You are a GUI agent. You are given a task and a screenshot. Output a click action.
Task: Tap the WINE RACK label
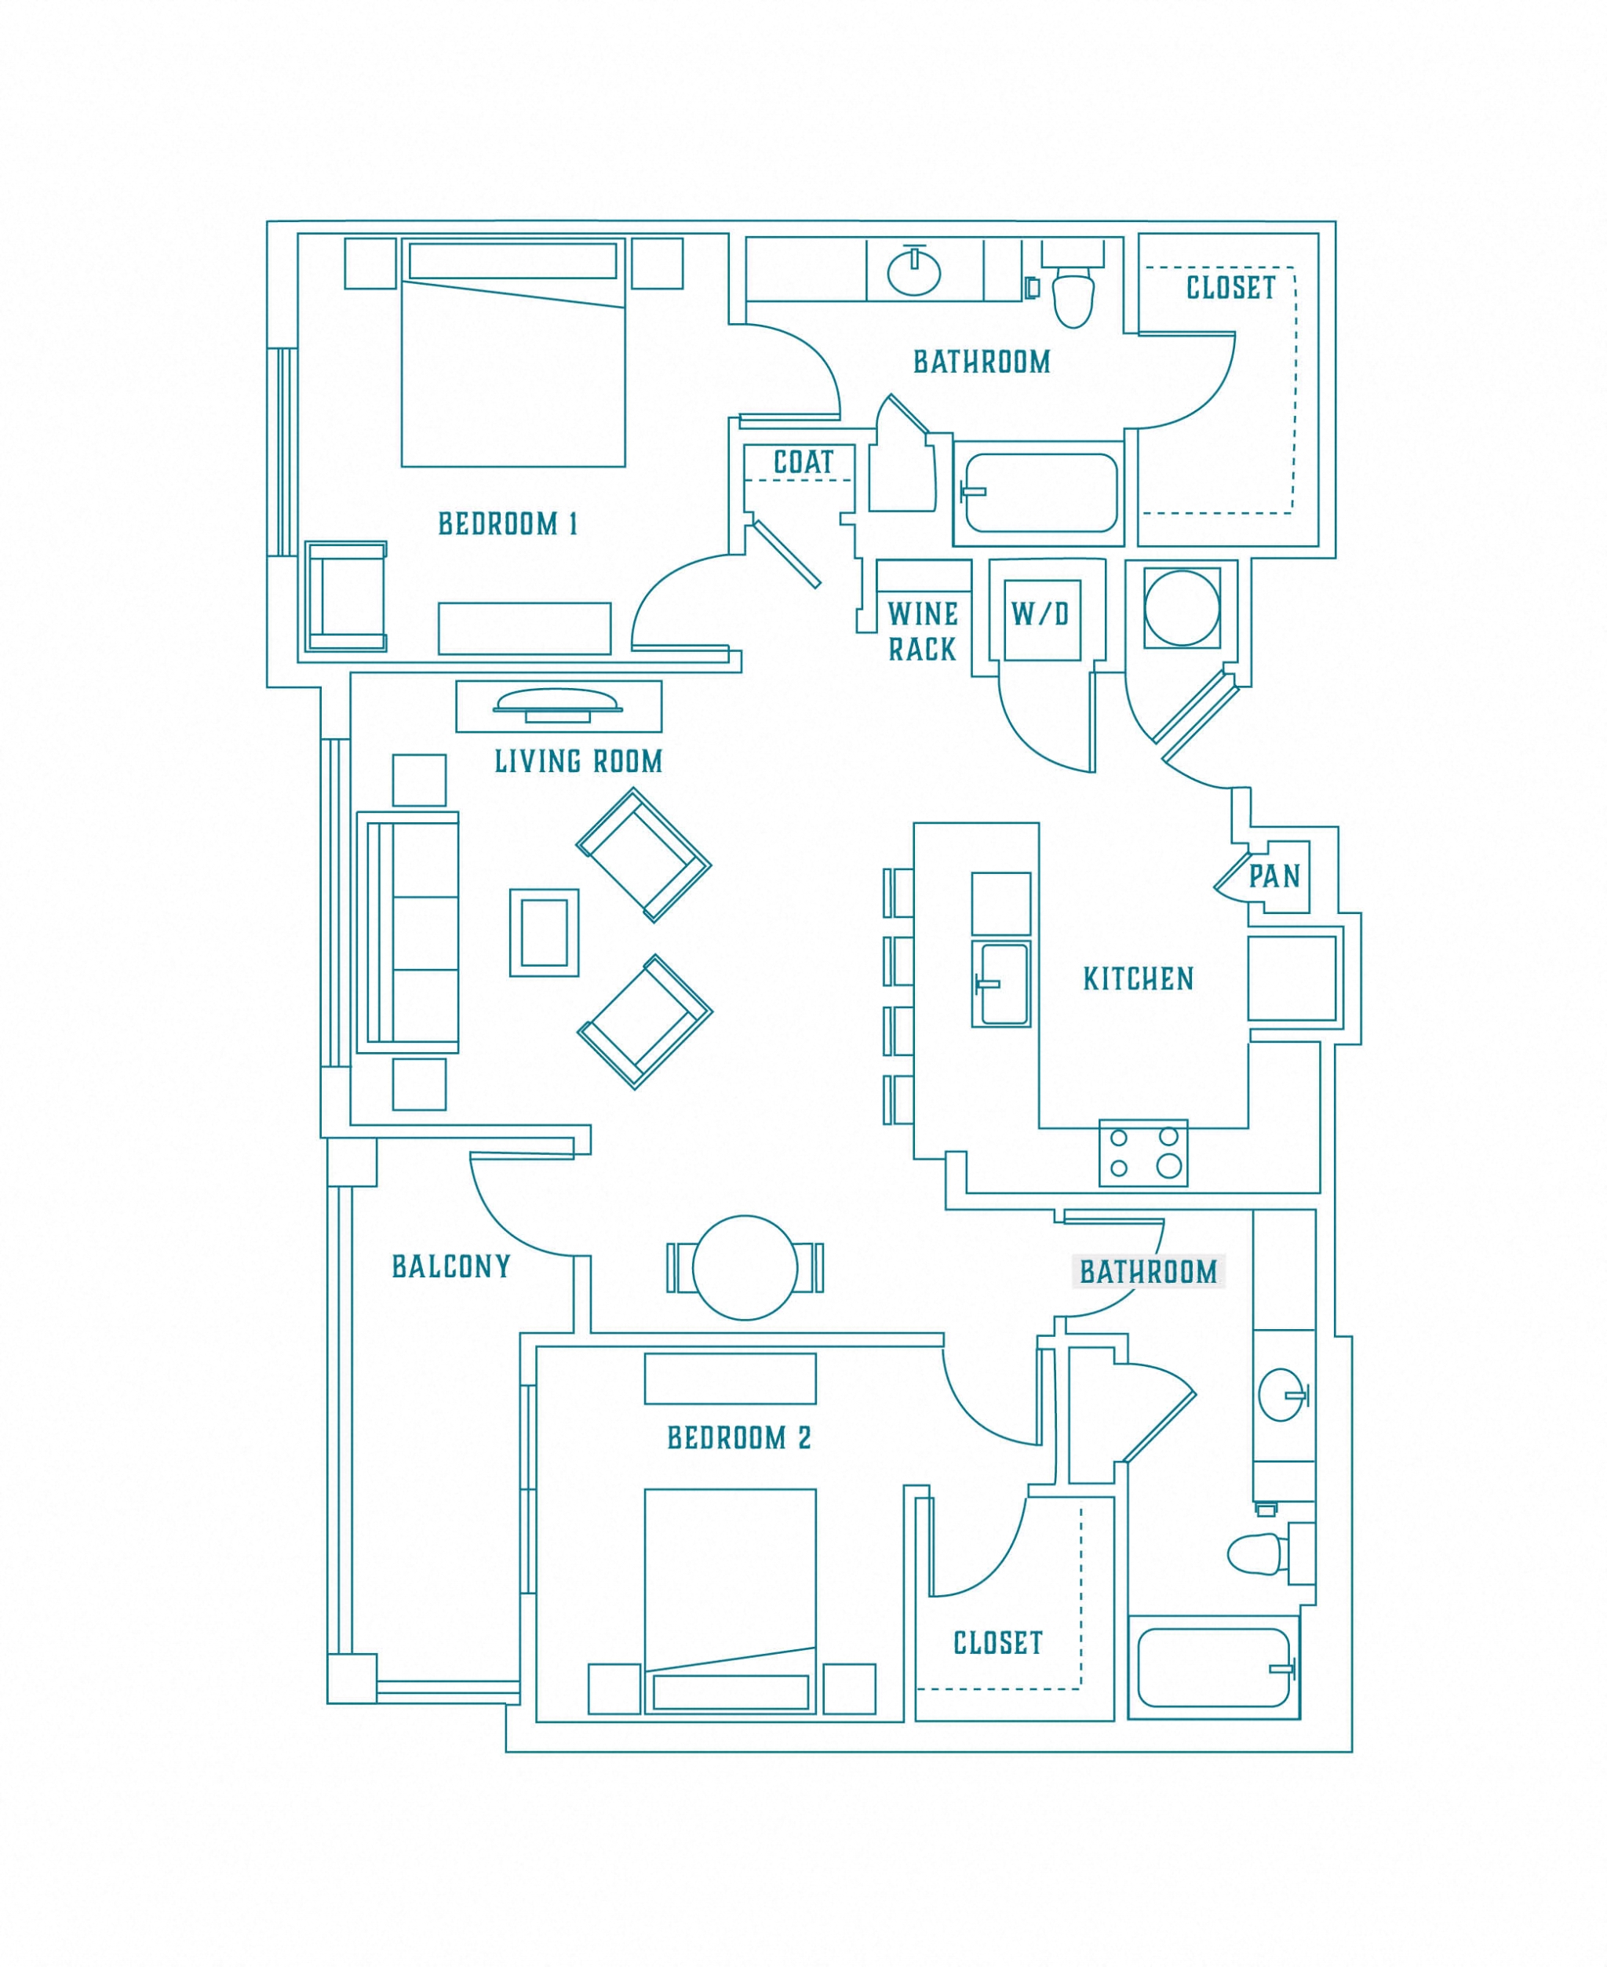pyautogui.click(x=922, y=632)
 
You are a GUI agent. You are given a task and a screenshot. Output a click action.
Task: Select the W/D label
pyautogui.click(x=1040, y=614)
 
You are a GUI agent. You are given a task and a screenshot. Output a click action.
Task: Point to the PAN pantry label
pyautogui.click(x=1274, y=876)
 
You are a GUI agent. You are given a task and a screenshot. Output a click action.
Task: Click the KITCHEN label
pyautogui.click(x=1138, y=979)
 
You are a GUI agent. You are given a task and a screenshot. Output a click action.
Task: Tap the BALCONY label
pyautogui.click(x=451, y=1266)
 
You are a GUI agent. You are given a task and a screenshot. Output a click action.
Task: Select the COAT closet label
pyautogui.click(x=803, y=462)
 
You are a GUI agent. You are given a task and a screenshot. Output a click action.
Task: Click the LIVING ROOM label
pyautogui.click(x=578, y=762)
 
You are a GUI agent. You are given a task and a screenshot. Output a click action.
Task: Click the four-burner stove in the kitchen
pyautogui.click(x=1143, y=1153)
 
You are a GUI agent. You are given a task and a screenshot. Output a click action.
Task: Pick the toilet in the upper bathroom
pyautogui.click(x=1073, y=294)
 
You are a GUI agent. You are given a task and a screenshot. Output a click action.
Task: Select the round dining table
pyautogui.click(x=745, y=1267)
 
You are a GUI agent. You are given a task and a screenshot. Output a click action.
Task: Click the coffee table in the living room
pyautogui.click(x=545, y=932)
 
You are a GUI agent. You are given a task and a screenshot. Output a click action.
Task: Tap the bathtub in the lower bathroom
pyautogui.click(x=1214, y=1668)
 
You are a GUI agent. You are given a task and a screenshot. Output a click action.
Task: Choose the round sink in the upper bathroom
pyautogui.click(x=913, y=273)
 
